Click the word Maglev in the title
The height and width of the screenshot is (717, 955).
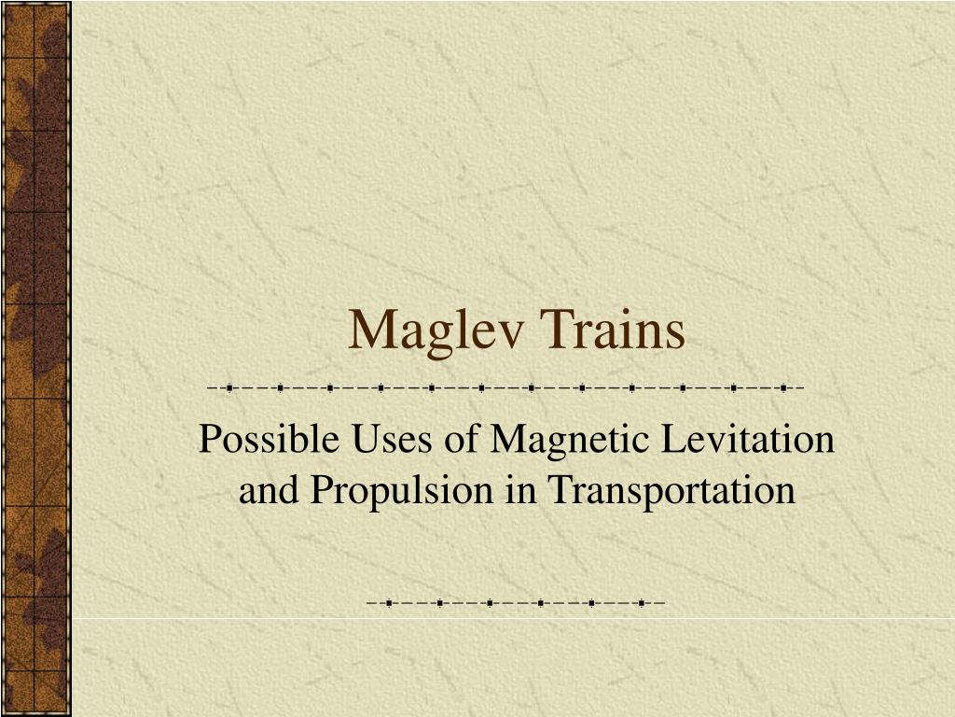[x=436, y=332]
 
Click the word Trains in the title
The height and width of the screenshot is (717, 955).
[x=612, y=330]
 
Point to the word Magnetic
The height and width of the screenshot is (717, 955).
[x=569, y=440]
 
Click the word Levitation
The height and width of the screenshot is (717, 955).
[x=748, y=439]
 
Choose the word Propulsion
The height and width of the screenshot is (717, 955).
[x=401, y=491]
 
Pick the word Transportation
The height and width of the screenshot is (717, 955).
[x=671, y=489]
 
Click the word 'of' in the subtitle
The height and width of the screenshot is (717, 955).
[x=461, y=439]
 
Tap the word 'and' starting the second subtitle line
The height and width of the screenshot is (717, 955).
[x=268, y=490]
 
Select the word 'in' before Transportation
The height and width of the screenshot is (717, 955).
[x=520, y=490]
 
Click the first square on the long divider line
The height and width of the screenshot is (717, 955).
[x=229, y=387]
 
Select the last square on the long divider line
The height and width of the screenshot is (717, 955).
[x=783, y=387]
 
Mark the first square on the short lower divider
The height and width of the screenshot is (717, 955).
[x=389, y=604]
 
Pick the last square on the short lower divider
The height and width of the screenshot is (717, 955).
[x=642, y=604]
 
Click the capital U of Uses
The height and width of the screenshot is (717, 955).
[x=367, y=439]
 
